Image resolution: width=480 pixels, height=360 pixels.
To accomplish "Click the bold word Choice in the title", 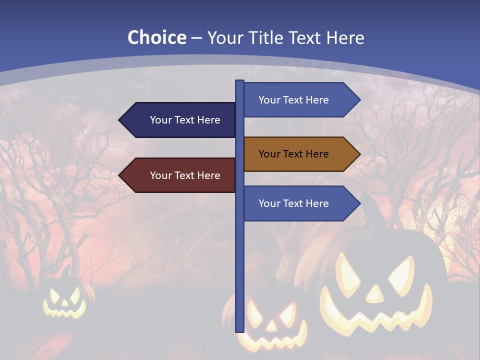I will [x=156, y=37].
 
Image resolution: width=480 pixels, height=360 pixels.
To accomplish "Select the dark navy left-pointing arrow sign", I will [x=180, y=120].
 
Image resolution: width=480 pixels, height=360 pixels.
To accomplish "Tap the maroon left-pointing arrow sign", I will [x=180, y=175].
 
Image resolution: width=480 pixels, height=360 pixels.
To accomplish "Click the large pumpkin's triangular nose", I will [x=373, y=294].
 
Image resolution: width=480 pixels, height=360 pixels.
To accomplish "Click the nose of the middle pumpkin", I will [x=270, y=325].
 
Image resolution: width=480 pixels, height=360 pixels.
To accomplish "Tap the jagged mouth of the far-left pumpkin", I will [x=65, y=312].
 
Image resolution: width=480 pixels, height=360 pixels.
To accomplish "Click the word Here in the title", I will [x=345, y=37].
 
